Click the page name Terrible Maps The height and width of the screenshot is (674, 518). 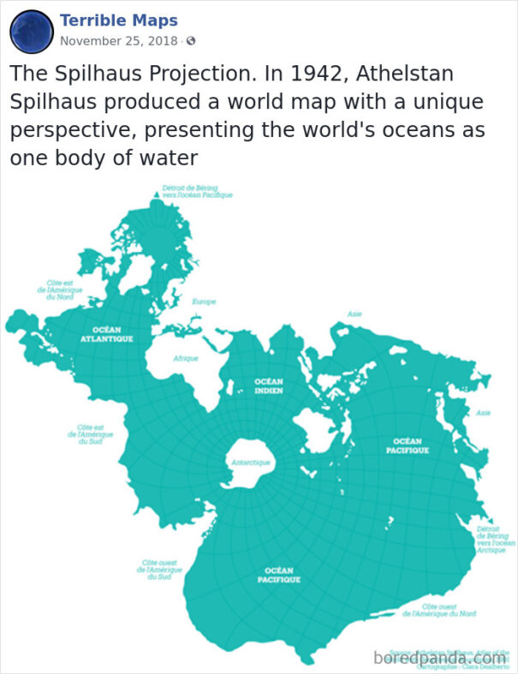click(x=119, y=21)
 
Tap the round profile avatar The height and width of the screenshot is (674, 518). click(x=32, y=32)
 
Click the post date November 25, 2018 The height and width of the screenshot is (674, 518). click(x=119, y=41)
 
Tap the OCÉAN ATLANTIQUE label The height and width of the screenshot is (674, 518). click(x=107, y=334)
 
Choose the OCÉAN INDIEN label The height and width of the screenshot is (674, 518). click(x=269, y=385)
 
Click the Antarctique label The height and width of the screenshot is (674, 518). click(x=251, y=462)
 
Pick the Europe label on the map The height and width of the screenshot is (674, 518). click(x=205, y=301)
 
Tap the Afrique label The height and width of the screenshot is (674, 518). click(x=186, y=358)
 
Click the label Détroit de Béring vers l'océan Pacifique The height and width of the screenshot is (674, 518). click(x=197, y=192)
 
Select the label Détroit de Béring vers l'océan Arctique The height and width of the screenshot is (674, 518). click(x=496, y=540)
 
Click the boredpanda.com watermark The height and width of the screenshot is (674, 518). click(x=440, y=658)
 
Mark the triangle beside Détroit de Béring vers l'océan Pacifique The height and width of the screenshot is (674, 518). click(x=155, y=195)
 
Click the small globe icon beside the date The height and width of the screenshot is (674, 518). click(x=191, y=41)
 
